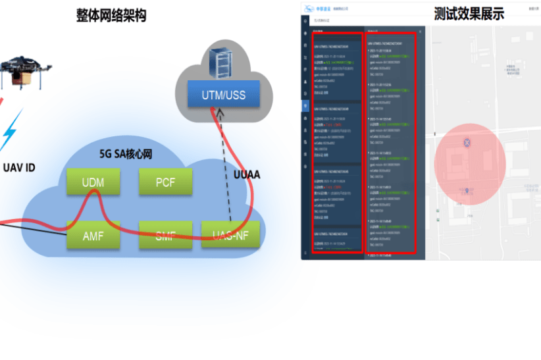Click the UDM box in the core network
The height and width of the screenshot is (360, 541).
93,182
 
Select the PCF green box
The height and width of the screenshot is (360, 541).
165,182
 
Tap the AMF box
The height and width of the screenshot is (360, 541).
93,236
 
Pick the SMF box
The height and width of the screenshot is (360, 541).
165,236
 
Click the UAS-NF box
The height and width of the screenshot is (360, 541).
230,236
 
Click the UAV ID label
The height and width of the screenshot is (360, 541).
19,168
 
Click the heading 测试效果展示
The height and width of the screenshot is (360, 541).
469,14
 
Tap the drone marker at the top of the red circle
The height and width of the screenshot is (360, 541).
467,142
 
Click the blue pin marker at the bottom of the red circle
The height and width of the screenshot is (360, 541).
467,191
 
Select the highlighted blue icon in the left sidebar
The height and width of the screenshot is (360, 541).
305,105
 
